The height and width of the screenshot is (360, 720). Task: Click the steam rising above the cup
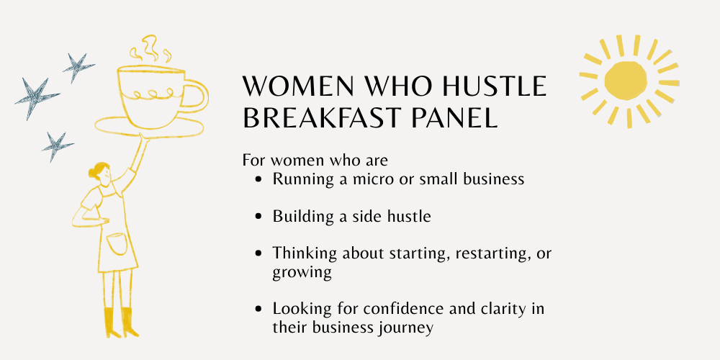[150, 48]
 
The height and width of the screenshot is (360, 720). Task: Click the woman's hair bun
[92, 173]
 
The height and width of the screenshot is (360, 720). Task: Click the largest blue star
[36, 98]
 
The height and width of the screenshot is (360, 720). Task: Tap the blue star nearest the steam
[77, 67]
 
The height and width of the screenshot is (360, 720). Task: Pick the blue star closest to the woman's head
[57, 146]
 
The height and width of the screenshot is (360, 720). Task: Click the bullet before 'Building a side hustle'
[259, 216]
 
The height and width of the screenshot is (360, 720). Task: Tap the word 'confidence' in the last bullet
[400, 308]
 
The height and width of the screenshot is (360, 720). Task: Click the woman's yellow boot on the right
[129, 323]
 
